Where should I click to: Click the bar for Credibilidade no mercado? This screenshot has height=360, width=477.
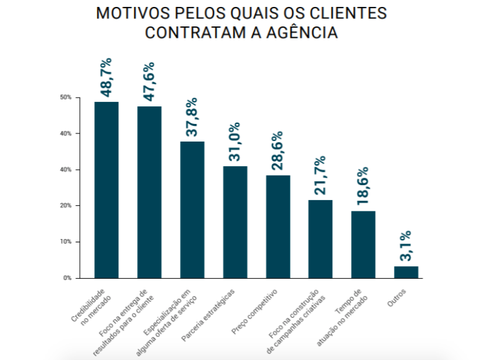[x=106, y=189]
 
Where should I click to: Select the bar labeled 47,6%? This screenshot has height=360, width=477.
[x=149, y=192]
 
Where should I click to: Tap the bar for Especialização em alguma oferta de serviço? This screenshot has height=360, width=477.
[x=192, y=209]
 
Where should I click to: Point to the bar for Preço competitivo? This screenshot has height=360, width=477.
[x=278, y=226]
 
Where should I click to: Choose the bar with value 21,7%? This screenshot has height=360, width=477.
[x=320, y=239]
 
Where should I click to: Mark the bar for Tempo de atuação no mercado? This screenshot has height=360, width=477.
[x=363, y=244]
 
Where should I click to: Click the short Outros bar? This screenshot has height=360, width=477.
[x=406, y=272]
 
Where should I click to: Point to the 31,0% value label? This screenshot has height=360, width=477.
[x=234, y=142]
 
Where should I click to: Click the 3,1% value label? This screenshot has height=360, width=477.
[x=406, y=246]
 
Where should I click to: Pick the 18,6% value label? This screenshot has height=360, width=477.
[x=362, y=188]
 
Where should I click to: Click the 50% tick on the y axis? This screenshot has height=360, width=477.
[x=65, y=98]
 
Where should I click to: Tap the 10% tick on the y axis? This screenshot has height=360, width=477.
[x=65, y=242]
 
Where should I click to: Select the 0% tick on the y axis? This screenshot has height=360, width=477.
[x=67, y=278]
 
